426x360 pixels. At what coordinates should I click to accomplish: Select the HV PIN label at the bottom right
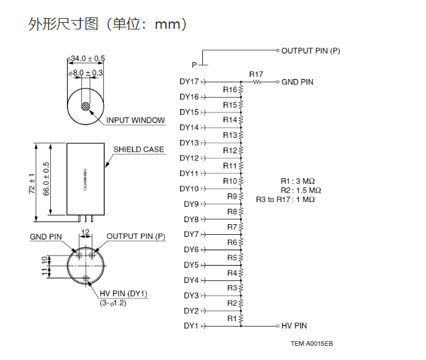coord(294,326)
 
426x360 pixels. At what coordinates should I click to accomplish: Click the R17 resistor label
coord(256,74)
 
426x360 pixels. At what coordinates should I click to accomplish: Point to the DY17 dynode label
coord(190,82)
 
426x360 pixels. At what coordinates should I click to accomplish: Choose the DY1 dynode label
coord(191,326)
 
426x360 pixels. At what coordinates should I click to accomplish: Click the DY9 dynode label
coord(191,204)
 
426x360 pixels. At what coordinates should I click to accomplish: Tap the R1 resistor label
coord(232,319)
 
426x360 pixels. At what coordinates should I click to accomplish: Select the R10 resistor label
coord(230,181)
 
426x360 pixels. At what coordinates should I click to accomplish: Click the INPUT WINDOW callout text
coord(135,120)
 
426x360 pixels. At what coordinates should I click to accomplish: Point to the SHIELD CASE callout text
coord(139,150)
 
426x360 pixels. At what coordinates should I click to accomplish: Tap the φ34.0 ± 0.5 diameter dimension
coord(86,59)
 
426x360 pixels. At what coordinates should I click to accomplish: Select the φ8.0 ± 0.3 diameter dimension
coord(86,72)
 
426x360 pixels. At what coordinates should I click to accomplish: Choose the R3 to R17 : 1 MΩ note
coord(285,199)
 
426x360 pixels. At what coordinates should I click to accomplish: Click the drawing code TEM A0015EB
coord(311,343)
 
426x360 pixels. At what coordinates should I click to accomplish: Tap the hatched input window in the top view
coord(85,106)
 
